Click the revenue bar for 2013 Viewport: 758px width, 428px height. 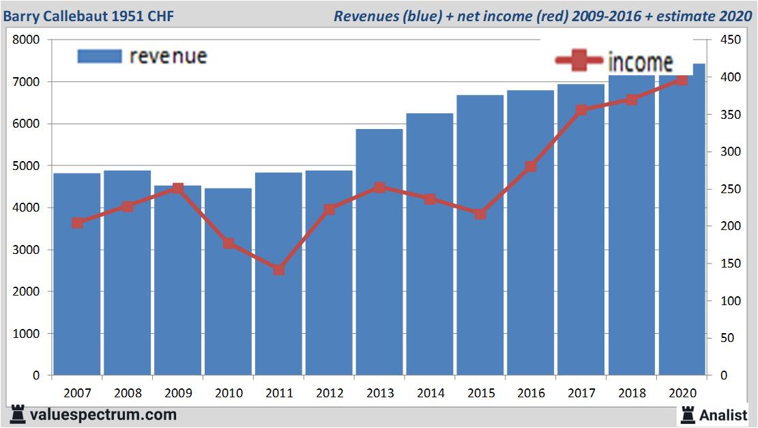tap(379, 253)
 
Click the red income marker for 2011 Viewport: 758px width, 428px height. tap(279, 270)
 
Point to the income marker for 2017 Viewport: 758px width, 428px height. tap(581, 111)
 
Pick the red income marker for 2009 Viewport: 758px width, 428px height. tap(177, 188)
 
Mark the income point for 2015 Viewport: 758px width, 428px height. tap(480, 214)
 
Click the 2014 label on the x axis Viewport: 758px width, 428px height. tap(430, 393)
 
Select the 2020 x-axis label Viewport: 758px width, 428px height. tap(682, 393)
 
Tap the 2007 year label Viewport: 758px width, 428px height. tap(76, 393)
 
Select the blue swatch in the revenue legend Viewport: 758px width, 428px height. tap(100, 56)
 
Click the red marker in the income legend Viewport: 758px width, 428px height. tap(579, 62)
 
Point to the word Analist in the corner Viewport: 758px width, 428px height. tap(723, 414)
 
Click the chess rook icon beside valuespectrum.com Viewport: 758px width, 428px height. tap(18, 414)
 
